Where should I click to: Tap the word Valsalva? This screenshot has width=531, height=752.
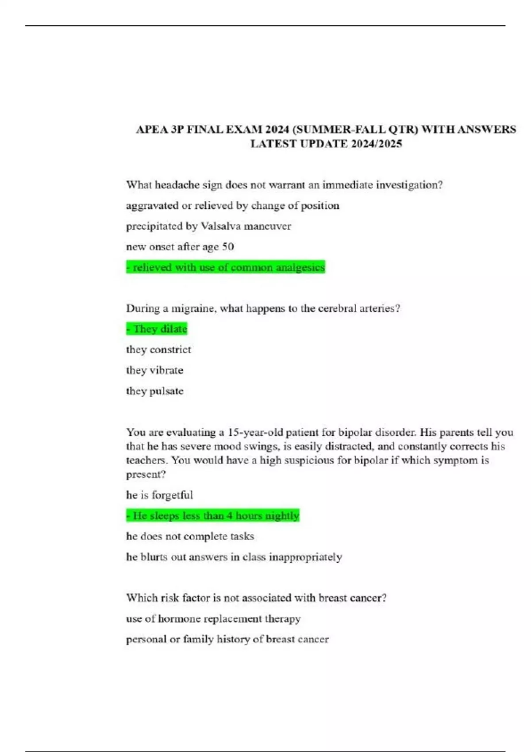(221, 226)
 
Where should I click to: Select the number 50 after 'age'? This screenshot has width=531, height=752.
(228, 247)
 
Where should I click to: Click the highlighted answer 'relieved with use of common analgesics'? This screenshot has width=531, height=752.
(226, 267)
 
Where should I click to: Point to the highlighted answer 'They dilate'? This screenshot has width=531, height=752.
(157, 329)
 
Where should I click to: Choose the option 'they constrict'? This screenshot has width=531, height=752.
(158, 349)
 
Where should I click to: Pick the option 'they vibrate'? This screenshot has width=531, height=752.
(154, 370)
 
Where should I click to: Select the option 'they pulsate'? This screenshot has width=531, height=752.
(154, 391)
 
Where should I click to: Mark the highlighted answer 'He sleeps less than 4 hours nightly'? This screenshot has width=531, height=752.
(213, 515)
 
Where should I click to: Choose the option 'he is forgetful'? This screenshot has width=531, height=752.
(159, 495)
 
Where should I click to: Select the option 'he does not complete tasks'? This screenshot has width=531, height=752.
(190, 536)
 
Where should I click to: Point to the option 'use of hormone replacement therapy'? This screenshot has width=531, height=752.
(213, 618)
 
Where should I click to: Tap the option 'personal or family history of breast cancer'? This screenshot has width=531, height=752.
(227, 639)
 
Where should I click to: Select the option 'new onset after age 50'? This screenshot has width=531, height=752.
(180, 247)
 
